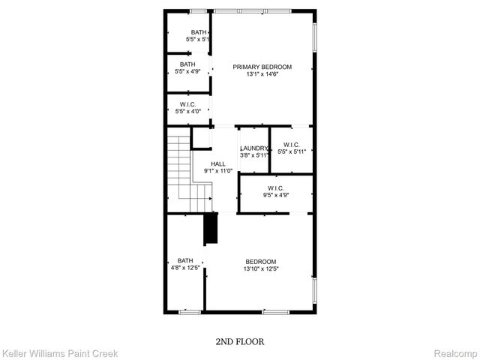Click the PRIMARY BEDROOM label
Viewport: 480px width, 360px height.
point(262,67)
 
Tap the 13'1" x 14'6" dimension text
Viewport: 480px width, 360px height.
point(262,74)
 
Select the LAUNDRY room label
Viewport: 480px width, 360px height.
point(253,148)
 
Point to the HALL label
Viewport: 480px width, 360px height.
point(218,163)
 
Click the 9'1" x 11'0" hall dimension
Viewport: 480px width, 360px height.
point(218,171)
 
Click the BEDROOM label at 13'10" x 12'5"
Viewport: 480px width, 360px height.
point(261,262)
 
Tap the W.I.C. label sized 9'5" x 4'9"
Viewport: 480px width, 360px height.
point(276,188)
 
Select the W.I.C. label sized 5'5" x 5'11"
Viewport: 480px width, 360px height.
point(291,145)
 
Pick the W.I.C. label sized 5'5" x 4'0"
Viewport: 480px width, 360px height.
point(187,104)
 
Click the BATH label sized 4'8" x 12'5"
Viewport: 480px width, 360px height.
point(185,260)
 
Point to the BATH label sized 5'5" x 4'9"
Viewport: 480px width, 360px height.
point(187,64)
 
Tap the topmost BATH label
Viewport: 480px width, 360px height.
point(199,32)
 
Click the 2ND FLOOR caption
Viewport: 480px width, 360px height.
point(239,341)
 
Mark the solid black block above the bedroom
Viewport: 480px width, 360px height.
point(211,229)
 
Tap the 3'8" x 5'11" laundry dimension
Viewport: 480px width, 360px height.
point(253,156)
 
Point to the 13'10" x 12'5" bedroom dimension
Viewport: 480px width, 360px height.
point(261,269)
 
